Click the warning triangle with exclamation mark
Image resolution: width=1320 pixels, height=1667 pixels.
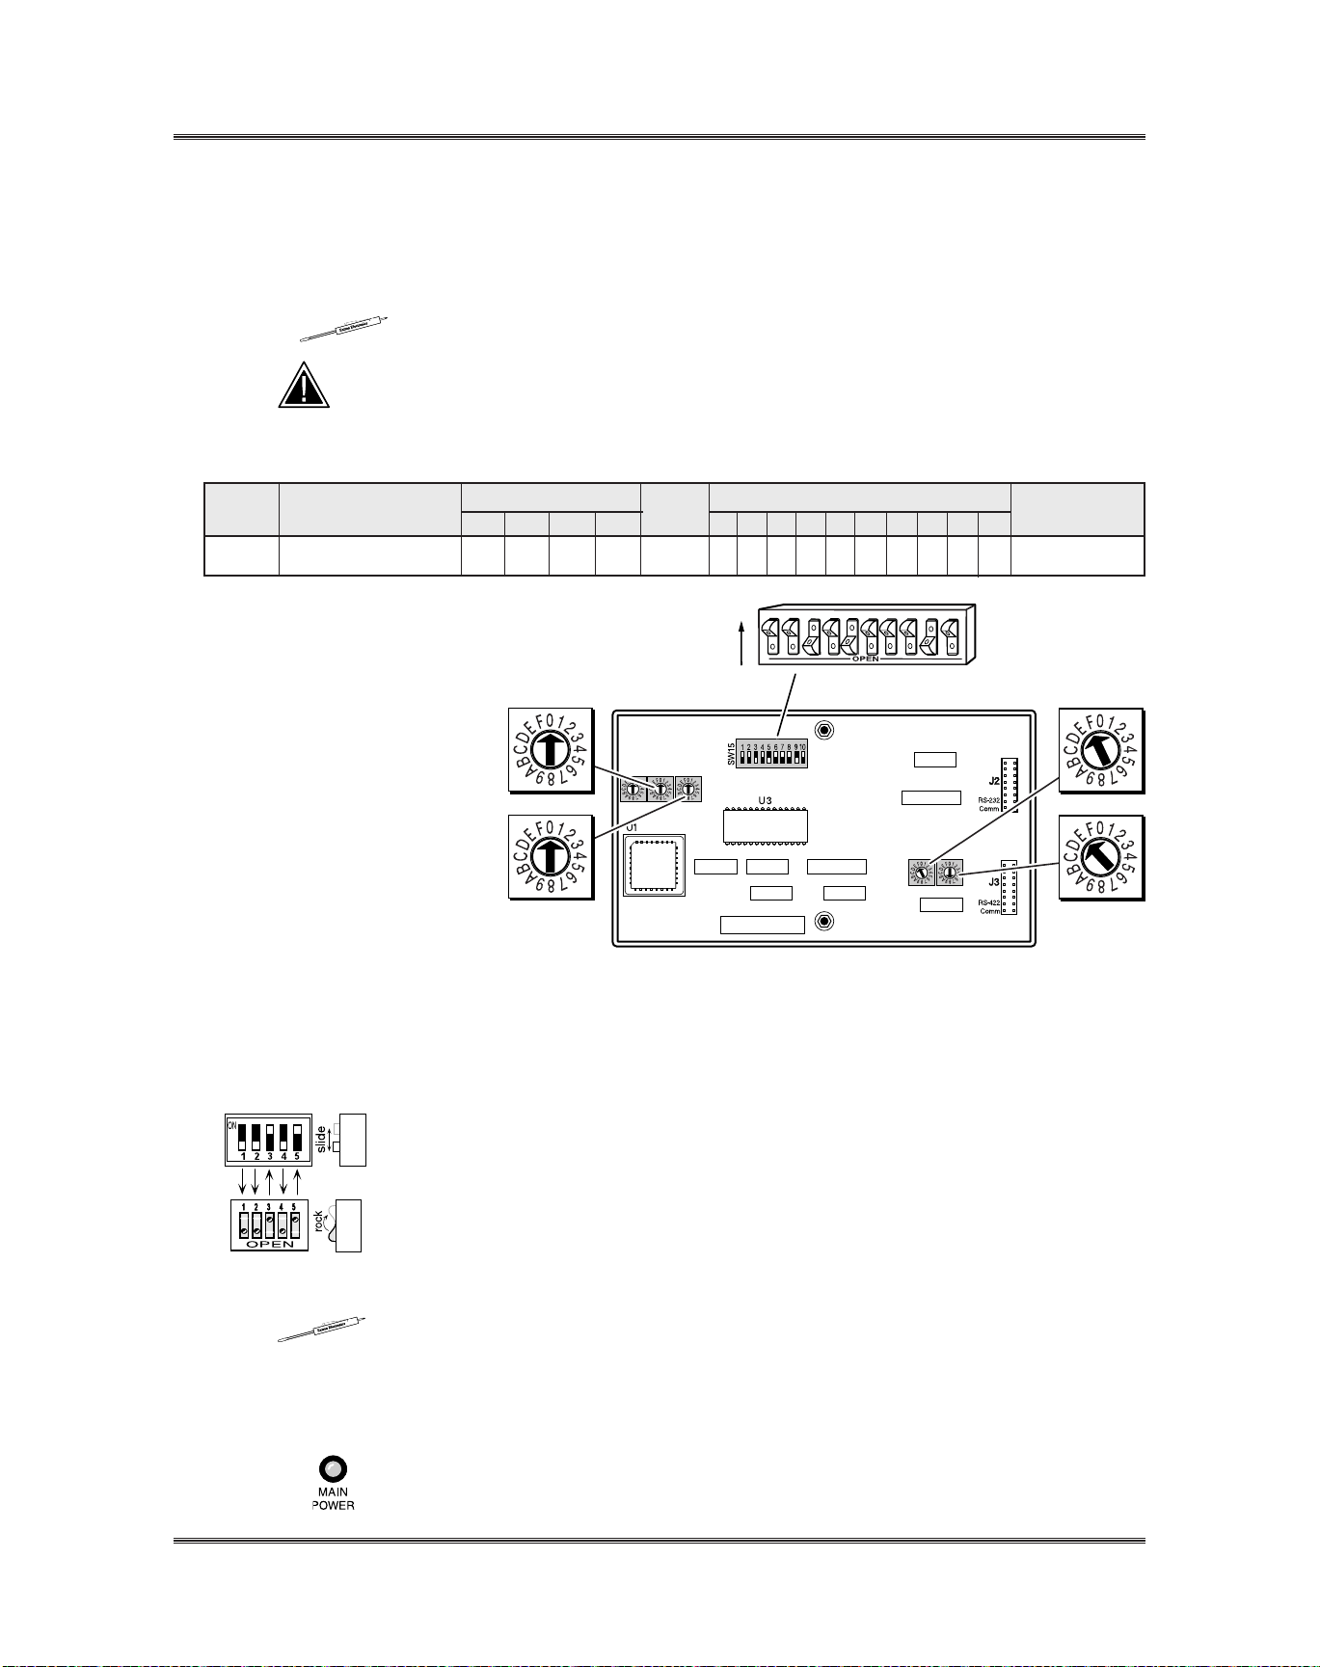click(x=304, y=386)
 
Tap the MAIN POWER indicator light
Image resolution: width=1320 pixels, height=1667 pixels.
click(x=333, y=1469)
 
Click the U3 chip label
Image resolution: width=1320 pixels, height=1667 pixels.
click(x=765, y=800)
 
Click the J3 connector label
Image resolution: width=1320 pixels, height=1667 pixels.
click(x=993, y=881)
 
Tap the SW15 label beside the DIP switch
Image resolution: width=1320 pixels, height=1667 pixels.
click(x=731, y=753)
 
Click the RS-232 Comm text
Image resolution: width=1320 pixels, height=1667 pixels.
click(x=988, y=804)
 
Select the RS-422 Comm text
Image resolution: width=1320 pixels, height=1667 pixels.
click(x=988, y=906)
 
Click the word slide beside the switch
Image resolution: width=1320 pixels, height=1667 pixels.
click(x=321, y=1140)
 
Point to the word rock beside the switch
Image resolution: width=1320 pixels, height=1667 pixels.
click(x=319, y=1223)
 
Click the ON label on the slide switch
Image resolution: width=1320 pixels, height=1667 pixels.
click(x=231, y=1125)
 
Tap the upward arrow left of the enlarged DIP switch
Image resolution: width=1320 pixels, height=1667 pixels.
click(x=741, y=642)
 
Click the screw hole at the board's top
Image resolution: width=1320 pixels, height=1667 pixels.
click(x=824, y=730)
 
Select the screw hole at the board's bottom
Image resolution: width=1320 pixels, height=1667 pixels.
click(x=824, y=922)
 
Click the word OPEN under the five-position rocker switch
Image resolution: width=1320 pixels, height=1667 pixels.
click(x=270, y=1244)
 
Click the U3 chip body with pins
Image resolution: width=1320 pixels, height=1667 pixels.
click(x=766, y=826)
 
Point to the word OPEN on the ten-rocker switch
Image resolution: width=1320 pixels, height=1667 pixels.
click(x=865, y=659)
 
